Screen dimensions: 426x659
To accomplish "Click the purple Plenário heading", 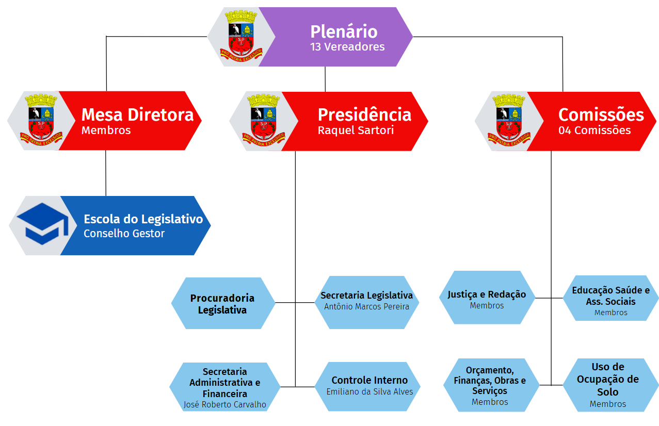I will (344, 31).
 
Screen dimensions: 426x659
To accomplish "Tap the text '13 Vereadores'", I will (347, 47).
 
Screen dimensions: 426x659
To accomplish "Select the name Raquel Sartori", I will (356, 130).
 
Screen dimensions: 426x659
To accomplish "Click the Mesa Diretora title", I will (137, 114).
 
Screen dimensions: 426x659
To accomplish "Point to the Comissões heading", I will (601, 114).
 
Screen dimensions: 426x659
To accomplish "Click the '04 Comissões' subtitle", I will (594, 130).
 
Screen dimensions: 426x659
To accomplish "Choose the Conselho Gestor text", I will (124, 234).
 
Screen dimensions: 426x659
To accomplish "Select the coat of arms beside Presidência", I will (263, 121).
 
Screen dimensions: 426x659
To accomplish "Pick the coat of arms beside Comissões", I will (509, 121).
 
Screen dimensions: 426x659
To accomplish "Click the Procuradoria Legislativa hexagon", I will (222, 304).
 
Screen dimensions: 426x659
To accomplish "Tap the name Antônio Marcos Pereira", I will (366, 306).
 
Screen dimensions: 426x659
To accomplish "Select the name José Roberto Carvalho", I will (225, 404).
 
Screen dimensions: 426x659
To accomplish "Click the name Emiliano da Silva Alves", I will (369, 391).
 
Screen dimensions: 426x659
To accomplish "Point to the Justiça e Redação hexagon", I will (487, 298).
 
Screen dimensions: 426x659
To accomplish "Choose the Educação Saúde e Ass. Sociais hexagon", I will (610, 298).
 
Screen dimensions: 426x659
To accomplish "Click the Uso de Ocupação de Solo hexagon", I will (608, 384).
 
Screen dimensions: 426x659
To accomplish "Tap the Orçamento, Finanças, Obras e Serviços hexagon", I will (490, 385).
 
